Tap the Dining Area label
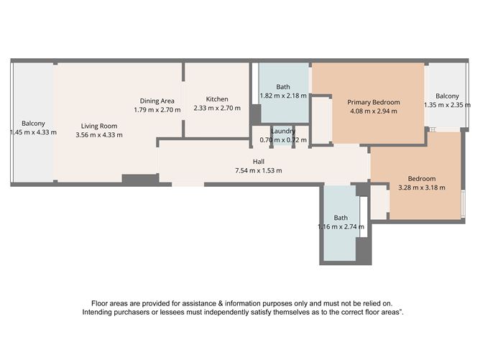[x=157, y=101]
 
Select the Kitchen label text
[x=216, y=99]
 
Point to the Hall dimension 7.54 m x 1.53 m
[x=257, y=170]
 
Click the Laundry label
[x=282, y=130]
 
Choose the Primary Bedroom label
[x=374, y=102]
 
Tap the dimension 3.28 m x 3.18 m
[x=422, y=188]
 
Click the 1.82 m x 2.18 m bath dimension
[x=282, y=96]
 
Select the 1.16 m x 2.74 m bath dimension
[x=341, y=226]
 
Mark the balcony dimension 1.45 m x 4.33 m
[x=33, y=132]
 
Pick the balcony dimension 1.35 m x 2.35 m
[x=447, y=105]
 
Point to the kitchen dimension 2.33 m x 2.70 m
[x=216, y=109]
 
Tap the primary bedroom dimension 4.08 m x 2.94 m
[x=374, y=111]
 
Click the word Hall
[x=257, y=162]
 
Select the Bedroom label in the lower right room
[x=422, y=179]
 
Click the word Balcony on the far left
[x=33, y=124]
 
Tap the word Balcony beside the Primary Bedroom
[x=447, y=96]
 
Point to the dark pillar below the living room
[x=139, y=178]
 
